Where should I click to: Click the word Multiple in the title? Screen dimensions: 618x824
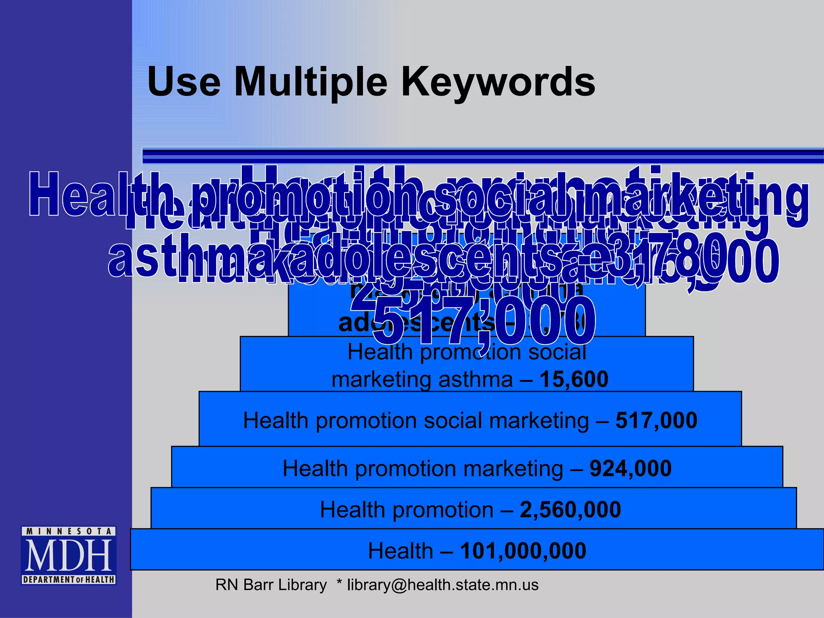[x=311, y=82]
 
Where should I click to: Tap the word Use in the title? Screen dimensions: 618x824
[x=184, y=82]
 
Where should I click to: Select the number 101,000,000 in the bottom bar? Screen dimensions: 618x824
[x=523, y=551]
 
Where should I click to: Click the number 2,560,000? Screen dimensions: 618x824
[x=570, y=510]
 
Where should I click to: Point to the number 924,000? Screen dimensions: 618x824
[x=630, y=468]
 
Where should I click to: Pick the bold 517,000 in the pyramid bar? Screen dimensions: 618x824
[x=656, y=420]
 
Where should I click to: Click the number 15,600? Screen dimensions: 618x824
[x=574, y=379]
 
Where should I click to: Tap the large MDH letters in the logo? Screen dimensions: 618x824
[x=69, y=556]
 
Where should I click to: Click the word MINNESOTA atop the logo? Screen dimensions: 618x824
[x=69, y=531]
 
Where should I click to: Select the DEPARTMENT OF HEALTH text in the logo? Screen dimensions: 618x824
[x=69, y=580]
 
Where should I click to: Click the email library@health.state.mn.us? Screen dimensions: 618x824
[x=443, y=585]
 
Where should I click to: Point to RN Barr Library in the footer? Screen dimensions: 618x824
[x=271, y=585]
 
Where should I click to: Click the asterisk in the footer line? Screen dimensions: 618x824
[x=339, y=583]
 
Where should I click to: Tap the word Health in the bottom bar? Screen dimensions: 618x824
[x=400, y=551]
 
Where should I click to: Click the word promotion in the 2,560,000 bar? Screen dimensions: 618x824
[x=443, y=510]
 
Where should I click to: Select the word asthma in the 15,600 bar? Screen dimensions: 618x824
[x=475, y=379]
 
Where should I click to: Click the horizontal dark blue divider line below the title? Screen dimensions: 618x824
[x=483, y=156]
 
